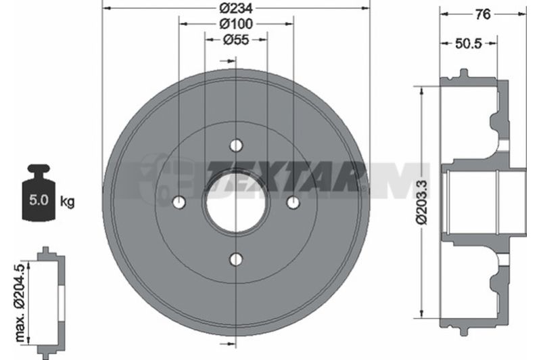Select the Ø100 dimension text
[x=236, y=24]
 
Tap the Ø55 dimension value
[x=236, y=40]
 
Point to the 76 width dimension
[x=483, y=14]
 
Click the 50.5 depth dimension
[x=468, y=43]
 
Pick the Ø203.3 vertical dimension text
[x=422, y=202]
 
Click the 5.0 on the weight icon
[x=39, y=200]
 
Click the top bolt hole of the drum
[x=236, y=145]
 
